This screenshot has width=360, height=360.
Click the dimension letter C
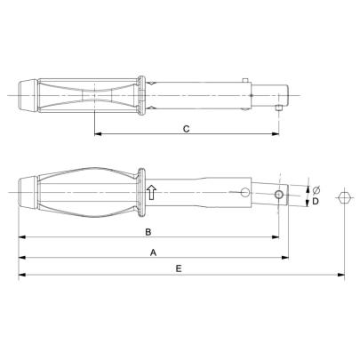[185, 129]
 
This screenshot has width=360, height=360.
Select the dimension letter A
[154, 252]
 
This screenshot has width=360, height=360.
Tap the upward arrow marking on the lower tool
[151, 193]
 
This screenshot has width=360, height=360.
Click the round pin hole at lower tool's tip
[279, 195]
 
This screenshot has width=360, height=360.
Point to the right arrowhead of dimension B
[276, 238]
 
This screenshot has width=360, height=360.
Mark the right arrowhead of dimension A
[285, 259]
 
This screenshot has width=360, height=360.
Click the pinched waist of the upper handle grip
[92, 93]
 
